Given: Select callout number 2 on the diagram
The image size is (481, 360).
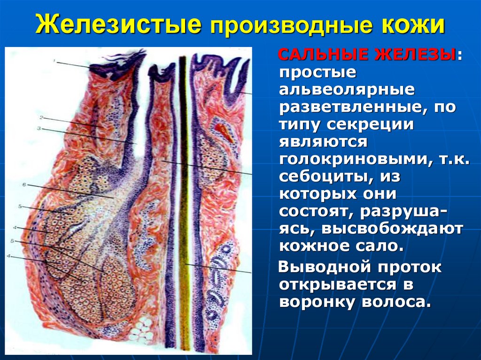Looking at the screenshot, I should coord(41,118).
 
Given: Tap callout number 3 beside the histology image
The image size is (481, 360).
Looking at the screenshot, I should coord(39,128).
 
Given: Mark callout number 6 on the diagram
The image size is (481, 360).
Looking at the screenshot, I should coord(24,185).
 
